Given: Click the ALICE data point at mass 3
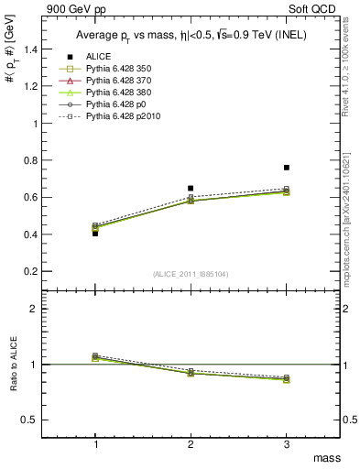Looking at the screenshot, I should (287, 168).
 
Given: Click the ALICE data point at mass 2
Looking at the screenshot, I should (191, 188).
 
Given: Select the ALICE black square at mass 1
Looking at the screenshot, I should (95, 234).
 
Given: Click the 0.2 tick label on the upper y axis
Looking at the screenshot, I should (38, 272).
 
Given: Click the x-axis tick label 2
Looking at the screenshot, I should (191, 443).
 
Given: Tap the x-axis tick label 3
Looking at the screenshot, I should (287, 443).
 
